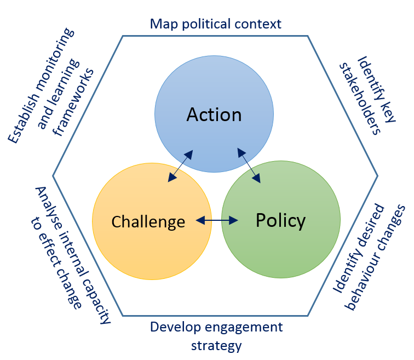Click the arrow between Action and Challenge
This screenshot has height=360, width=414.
pyautogui.click(x=180, y=165)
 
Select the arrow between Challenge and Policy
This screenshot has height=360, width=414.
pyautogui.click(x=217, y=220)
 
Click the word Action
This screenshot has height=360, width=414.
pyautogui.click(x=214, y=115)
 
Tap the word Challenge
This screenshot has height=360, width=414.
pyautogui.click(x=148, y=222)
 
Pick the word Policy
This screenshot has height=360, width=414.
pyautogui.click(x=280, y=220)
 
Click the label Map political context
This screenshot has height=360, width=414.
pyautogui.click(x=215, y=24)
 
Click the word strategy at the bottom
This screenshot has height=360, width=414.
pyautogui.click(x=216, y=346)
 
